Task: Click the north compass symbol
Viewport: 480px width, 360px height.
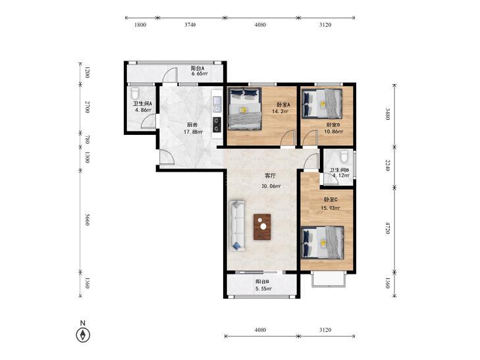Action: (x=83, y=334)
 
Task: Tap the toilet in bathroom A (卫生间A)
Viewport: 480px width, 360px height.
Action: (x=135, y=93)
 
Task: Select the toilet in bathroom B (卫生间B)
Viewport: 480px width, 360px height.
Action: (x=344, y=155)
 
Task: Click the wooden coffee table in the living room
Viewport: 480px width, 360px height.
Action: (x=262, y=226)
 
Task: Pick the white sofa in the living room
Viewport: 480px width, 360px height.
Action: (x=238, y=225)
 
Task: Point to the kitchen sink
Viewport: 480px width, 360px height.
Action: (x=217, y=104)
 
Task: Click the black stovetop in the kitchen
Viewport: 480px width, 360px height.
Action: (x=217, y=125)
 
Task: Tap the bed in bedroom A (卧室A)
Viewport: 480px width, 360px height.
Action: (x=245, y=109)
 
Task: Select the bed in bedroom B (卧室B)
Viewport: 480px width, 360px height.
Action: (x=322, y=103)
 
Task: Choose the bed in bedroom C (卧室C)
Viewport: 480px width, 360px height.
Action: (x=323, y=242)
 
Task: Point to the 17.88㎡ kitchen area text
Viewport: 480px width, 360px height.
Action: (x=193, y=132)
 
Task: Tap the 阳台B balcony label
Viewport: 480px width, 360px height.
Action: (x=262, y=282)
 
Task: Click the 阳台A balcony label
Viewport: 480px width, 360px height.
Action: (x=198, y=68)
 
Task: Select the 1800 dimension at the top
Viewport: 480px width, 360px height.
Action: (x=140, y=25)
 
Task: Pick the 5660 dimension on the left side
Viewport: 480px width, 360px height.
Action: (x=87, y=220)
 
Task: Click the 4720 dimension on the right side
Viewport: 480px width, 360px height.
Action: (x=387, y=228)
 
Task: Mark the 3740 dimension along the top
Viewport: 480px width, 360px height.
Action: (x=190, y=25)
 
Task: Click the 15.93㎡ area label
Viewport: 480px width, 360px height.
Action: (x=331, y=208)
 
